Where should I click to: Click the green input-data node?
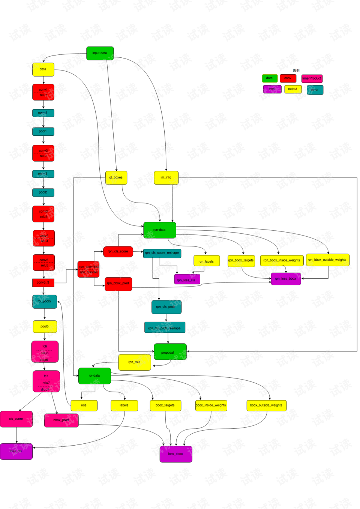coord(100,53)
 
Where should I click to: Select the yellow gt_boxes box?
coord(116,177)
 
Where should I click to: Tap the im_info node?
coord(166,177)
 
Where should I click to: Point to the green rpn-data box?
coord(159,230)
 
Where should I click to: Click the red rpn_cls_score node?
coord(118,251)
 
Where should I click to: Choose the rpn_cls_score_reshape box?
coord(162,253)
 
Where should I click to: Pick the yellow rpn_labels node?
coord(206,261)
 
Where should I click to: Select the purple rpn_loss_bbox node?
coord(285,279)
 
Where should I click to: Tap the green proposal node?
coord(170,352)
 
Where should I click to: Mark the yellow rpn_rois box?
coord(134,362)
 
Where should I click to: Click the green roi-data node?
coord(94,375)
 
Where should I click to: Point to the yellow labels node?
coord(124,405)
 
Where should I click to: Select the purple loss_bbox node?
coord(175,454)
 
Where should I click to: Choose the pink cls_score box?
coord(16,419)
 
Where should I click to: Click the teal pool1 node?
coord(43,131)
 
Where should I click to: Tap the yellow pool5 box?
coord(45,326)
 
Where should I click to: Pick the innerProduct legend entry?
coord(312,78)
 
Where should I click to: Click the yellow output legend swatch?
coord(292,89)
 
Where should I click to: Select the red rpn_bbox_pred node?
coord(118,284)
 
